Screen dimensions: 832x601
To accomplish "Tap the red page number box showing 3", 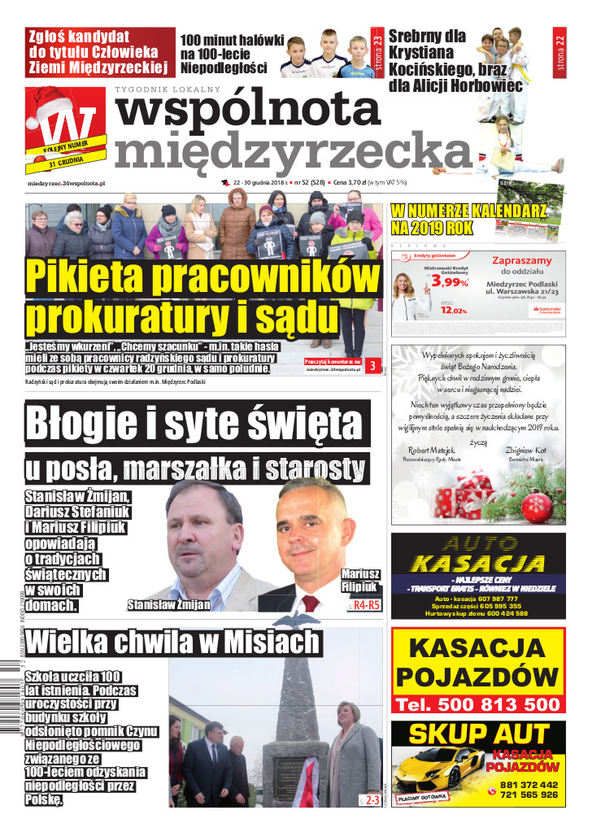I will click(372, 366).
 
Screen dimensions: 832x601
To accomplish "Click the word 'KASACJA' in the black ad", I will click(477, 563).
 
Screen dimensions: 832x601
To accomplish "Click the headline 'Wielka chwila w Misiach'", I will click(172, 643).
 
